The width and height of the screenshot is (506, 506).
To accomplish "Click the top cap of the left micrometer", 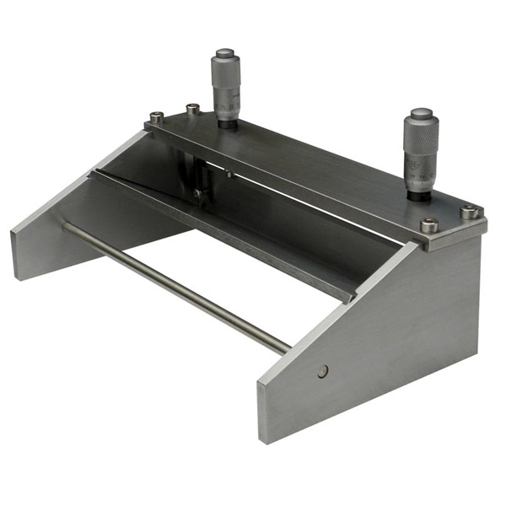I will point(225,54).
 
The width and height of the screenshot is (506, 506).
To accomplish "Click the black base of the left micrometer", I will point(226,122).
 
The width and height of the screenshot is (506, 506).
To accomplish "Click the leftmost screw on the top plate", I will point(156,118).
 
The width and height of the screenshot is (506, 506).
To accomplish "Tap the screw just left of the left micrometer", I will point(192,108).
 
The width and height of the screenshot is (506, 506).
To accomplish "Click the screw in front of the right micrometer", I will point(429,225).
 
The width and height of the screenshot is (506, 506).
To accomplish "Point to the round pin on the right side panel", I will point(323,369).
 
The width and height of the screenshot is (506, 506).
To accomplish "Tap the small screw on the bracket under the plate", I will point(197,193).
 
